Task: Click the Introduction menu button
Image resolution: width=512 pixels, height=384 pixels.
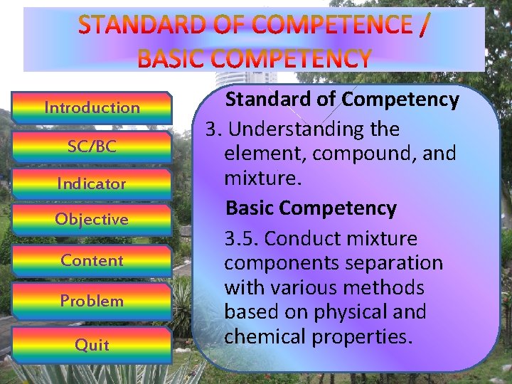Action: (x=92, y=107)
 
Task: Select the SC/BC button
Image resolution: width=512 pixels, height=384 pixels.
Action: (x=92, y=146)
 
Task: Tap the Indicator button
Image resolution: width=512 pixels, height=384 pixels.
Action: (x=92, y=183)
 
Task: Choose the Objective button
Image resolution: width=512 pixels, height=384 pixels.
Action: (x=92, y=219)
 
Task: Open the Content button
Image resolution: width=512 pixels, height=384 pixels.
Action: (x=92, y=260)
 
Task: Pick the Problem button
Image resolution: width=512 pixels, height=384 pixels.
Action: (x=92, y=301)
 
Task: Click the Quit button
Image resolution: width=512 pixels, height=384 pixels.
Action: (x=92, y=345)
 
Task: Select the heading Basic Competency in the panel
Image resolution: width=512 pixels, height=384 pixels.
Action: (x=311, y=208)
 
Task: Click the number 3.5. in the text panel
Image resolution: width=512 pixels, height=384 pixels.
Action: (x=242, y=238)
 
